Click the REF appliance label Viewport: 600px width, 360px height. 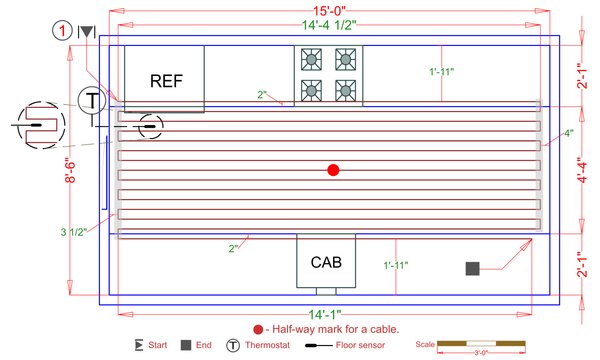click(166, 79)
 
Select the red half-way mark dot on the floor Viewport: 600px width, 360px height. click(333, 170)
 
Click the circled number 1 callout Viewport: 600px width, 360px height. click(64, 31)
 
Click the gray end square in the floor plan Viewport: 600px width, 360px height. click(472, 268)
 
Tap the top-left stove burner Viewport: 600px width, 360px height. click(311, 59)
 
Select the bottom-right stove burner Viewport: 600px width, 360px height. click(345, 89)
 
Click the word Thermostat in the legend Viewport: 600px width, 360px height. click(271, 346)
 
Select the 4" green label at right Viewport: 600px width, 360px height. click(568, 133)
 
